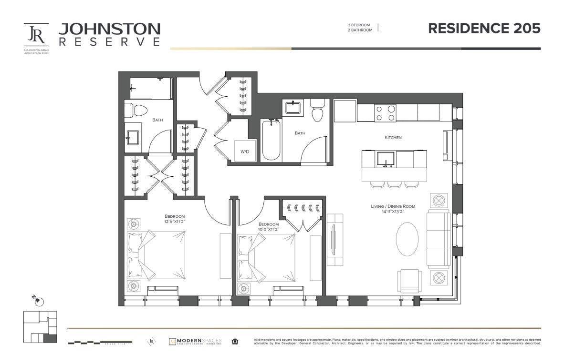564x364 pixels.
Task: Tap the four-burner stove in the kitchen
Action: point(385,113)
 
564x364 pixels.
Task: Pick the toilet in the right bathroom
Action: point(317,111)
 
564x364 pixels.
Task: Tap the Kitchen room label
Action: point(393,137)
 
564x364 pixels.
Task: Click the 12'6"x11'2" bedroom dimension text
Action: point(174,222)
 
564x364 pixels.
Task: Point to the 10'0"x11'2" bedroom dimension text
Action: point(268,229)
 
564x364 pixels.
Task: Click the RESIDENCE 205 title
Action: point(484,28)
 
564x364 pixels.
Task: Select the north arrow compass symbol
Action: point(39,301)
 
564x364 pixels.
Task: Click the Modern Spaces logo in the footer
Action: point(195,342)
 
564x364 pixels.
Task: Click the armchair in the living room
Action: point(409,281)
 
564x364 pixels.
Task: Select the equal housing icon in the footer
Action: point(234,342)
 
